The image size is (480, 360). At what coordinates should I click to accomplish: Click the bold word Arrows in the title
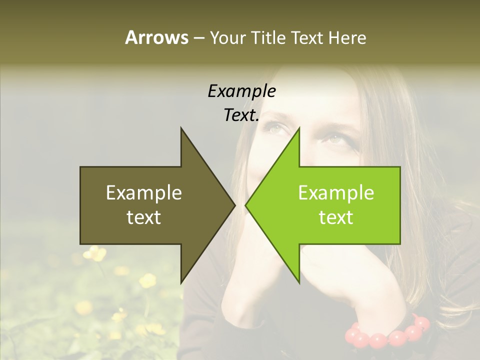[156, 37]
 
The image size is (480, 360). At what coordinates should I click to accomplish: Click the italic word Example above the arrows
[241, 91]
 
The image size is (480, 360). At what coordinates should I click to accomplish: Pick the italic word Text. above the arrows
[241, 115]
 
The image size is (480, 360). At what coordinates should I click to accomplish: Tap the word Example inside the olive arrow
[144, 193]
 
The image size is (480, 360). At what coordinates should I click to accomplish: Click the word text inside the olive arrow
[144, 217]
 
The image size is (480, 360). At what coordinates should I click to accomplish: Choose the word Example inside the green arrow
[336, 193]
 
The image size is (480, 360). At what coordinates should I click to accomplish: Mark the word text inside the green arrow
[336, 217]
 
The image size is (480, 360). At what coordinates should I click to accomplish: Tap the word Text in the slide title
[307, 37]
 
